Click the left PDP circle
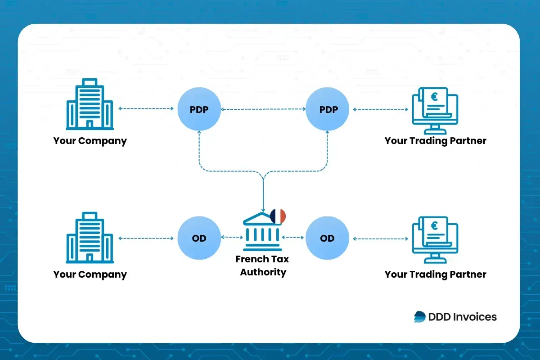click(199, 109)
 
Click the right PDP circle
click(327, 109)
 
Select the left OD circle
click(199, 238)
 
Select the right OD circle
click(327, 238)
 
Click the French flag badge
click(278, 216)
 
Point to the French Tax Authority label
click(263, 265)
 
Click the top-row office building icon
click(90, 104)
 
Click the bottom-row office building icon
click(90, 238)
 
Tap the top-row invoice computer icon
click(435, 108)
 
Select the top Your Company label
click(90, 141)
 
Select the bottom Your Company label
click(90, 274)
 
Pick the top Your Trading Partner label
click(435, 141)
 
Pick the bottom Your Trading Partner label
click(435, 274)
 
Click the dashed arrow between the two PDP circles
click(263, 109)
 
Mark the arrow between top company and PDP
click(146, 109)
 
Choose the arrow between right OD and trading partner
click(381, 238)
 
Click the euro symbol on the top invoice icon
click(434, 96)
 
